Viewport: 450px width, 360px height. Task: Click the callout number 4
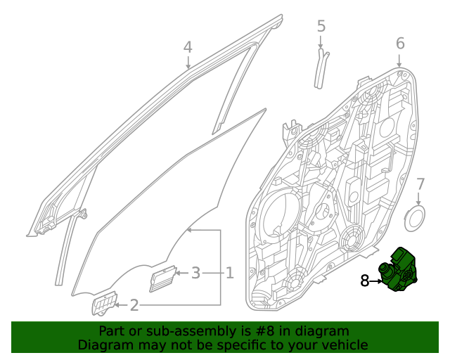(x=188, y=47)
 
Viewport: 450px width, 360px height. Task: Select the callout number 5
(x=321, y=27)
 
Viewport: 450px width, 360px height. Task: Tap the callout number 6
(x=400, y=44)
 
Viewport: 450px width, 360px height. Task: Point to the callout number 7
(x=420, y=185)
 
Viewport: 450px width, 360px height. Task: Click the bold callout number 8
(x=364, y=281)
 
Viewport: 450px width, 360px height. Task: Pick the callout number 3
(x=196, y=273)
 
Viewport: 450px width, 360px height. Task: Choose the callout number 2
(x=134, y=305)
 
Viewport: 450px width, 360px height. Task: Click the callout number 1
(x=229, y=273)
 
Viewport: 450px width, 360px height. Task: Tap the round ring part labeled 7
(x=417, y=217)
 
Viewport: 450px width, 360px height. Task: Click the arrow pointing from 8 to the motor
(x=376, y=281)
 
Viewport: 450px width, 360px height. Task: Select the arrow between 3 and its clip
(x=180, y=273)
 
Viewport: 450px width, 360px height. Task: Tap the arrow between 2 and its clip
(x=120, y=305)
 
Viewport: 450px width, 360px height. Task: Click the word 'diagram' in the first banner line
(x=323, y=331)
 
